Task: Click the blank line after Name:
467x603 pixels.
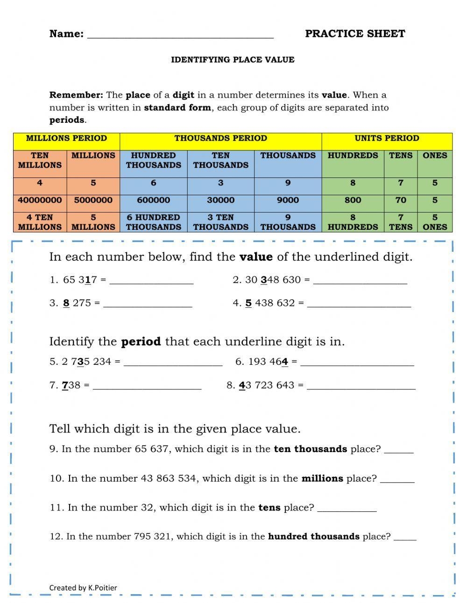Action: (180, 35)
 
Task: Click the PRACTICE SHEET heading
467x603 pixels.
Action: (355, 34)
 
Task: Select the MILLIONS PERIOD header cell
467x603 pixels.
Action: (66, 139)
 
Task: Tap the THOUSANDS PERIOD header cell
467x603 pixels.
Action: (220, 139)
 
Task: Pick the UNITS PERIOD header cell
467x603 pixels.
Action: (387, 139)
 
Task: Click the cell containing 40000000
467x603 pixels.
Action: (40, 200)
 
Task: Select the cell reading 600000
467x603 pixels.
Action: (153, 200)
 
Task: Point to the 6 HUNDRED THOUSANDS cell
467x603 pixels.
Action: (153, 222)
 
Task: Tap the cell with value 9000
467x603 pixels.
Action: (288, 200)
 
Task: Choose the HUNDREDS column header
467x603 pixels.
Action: (353, 156)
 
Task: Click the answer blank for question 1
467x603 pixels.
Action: (151, 281)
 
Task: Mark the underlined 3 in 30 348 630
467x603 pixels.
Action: (264, 280)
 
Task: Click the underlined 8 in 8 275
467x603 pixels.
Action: (66, 303)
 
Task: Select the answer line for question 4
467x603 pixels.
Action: (359, 305)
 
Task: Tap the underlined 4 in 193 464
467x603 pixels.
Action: (285, 362)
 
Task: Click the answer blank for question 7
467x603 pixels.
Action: (147, 387)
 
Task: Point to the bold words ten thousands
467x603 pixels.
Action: (310, 449)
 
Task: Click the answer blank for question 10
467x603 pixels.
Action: (397, 480)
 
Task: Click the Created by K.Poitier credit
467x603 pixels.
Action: (83, 588)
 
